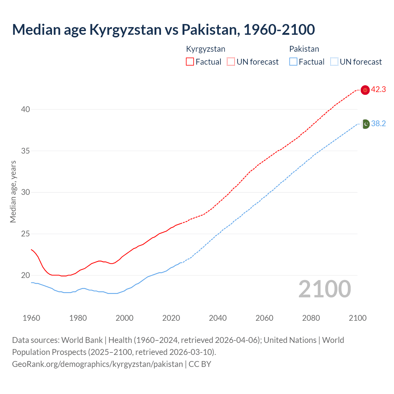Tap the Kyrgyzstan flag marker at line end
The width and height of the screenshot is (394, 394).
(365, 90)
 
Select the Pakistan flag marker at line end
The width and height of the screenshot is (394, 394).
(365, 124)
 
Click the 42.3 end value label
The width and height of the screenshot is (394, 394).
(378, 90)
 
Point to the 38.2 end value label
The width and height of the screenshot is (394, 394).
(378, 124)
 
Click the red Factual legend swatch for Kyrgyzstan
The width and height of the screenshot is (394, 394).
(190, 62)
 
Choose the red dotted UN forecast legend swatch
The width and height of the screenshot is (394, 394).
(231, 62)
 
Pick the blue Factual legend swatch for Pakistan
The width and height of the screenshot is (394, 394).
(293, 62)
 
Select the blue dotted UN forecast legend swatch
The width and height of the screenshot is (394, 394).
(334, 62)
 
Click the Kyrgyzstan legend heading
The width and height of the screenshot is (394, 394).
(206, 49)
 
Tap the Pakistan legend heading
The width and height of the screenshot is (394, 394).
(304, 49)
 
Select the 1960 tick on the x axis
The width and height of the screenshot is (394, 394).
(31, 318)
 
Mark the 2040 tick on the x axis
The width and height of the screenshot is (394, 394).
(218, 318)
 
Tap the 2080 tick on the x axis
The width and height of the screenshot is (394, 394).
(311, 318)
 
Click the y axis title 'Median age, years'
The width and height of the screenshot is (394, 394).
(13, 191)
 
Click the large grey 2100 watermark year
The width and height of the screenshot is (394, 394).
(324, 289)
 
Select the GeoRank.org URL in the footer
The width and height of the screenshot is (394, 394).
(97, 364)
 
